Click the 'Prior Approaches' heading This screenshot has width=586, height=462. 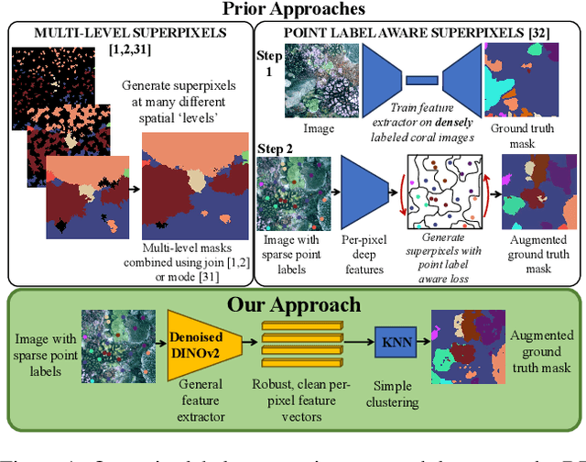(292, 10)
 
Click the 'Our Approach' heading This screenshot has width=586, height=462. (292, 303)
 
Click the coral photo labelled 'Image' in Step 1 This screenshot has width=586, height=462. (315, 80)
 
